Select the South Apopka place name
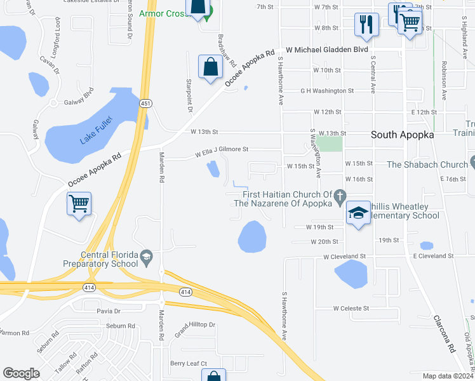403,135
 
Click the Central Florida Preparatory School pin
147,257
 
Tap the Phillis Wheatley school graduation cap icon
358,215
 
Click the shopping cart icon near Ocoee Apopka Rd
79,204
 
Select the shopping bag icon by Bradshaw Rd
210,67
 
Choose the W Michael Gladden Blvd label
327,49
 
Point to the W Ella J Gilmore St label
221,152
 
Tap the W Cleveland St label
345,256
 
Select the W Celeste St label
351,308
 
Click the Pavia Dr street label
108,311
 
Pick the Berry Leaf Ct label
188,363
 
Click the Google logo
21,373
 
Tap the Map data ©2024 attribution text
448,376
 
